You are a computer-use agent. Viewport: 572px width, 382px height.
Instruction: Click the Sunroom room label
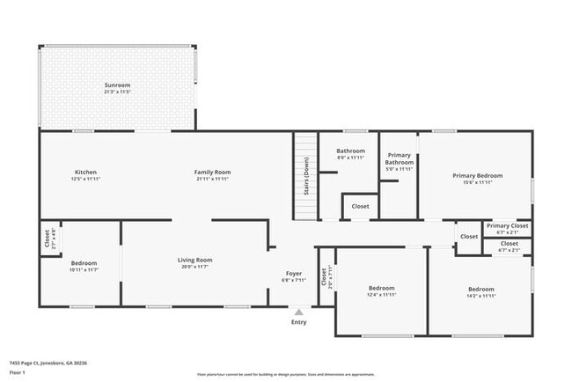click(x=118, y=84)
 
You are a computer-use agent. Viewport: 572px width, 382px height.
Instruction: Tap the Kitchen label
click(x=85, y=172)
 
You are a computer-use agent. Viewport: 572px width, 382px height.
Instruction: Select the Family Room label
click(x=212, y=172)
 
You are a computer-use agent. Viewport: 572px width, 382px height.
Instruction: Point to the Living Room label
click(x=194, y=260)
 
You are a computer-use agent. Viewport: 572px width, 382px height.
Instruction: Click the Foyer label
click(x=294, y=273)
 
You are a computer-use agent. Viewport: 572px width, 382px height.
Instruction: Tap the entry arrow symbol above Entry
click(x=299, y=311)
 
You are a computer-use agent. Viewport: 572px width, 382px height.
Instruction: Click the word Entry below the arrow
click(x=299, y=322)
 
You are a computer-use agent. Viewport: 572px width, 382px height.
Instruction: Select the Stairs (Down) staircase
click(x=304, y=176)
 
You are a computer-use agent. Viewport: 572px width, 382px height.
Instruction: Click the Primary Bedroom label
click(x=478, y=175)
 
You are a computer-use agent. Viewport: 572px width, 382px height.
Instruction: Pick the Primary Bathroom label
click(x=399, y=158)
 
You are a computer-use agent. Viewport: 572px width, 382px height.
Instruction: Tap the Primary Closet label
click(x=508, y=225)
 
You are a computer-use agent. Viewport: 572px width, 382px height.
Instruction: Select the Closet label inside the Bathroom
click(x=360, y=206)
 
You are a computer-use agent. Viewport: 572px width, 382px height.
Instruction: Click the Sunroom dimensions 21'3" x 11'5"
click(x=118, y=92)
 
